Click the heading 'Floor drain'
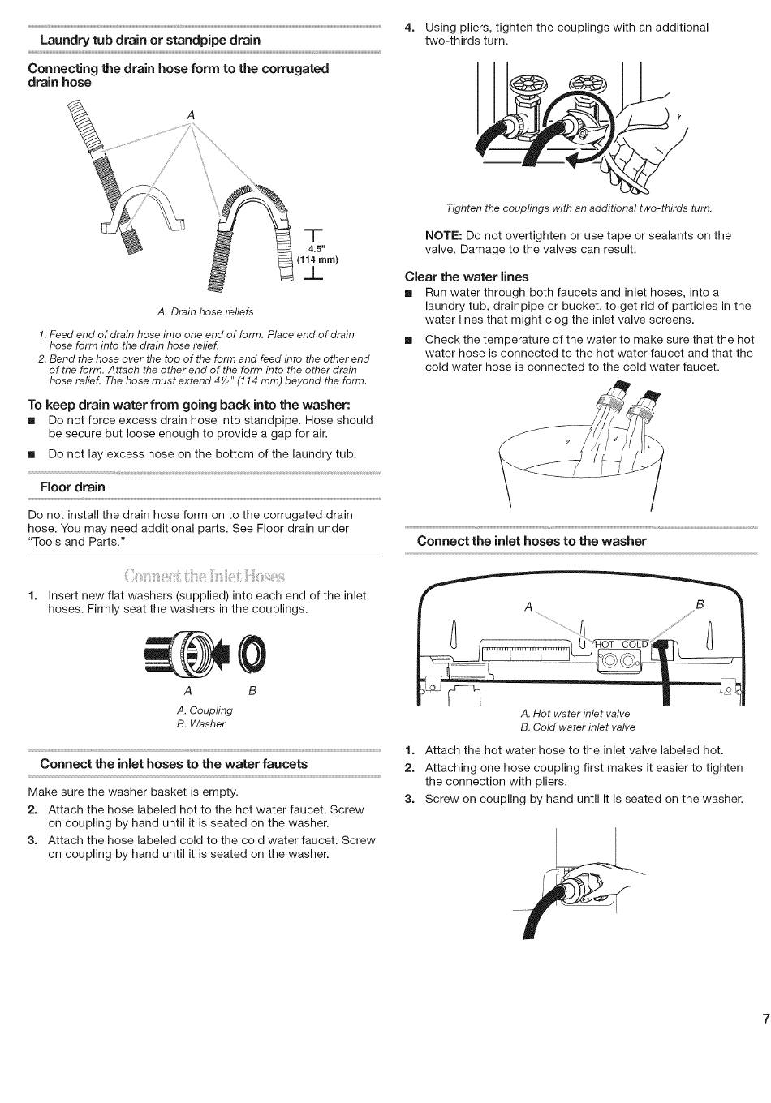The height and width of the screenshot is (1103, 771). coord(72,487)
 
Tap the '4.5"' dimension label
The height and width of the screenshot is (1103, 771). coord(316,248)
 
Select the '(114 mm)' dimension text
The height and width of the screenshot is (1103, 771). coord(317,260)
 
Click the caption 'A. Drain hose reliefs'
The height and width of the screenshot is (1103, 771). coord(205,311)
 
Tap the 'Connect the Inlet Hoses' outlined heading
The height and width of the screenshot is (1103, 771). coord(205,577)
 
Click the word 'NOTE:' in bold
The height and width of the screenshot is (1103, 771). coord(444,235)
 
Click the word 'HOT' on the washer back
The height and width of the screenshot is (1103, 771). coord(605,645)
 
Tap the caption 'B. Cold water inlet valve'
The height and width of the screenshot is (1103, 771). coord(577,727)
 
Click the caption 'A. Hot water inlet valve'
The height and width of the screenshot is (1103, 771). coord(575,713)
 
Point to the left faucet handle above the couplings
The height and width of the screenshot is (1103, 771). coord(522,84)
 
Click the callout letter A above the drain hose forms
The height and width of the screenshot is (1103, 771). coord(191,115)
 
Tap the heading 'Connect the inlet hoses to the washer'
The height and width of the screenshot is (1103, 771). coord(532,541)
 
